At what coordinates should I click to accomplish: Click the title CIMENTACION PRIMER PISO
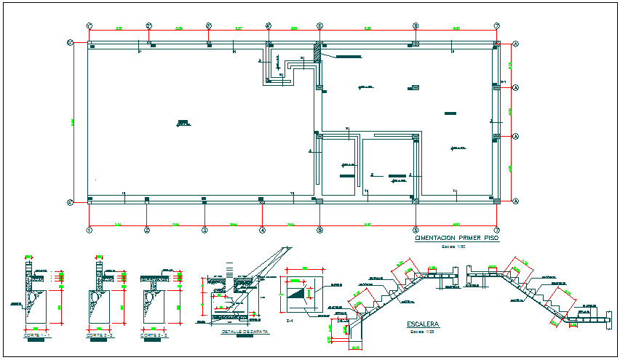tap(456, 239)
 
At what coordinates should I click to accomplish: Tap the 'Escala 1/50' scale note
tap(454, 247)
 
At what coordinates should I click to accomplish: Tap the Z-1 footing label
tap(290, 321)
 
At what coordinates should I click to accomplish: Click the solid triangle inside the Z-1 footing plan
tap(298, 292)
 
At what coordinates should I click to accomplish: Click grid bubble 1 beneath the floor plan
tap(89, 231)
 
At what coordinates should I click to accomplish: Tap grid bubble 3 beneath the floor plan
tap(204, 231)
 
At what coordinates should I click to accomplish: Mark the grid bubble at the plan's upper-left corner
tap(70, 43)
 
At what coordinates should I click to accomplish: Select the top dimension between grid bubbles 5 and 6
tap(367, 28)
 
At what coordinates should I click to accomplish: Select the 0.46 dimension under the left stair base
tap(357, 348)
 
